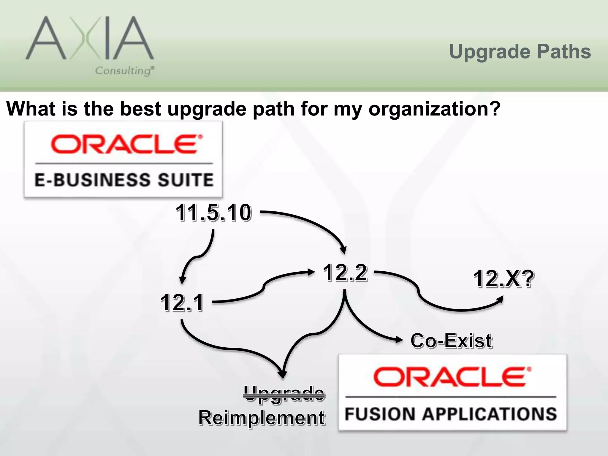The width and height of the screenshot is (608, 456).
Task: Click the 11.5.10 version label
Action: coord(213,213)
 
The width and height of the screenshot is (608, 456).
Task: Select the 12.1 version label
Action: coord(182,303)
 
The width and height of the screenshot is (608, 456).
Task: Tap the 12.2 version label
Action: coord(345,272)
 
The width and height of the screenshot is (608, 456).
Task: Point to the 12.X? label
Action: coord(503,279)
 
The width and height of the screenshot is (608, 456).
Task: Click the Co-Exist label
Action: coord(451,341)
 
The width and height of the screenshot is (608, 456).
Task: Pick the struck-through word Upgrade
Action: coord(284,394)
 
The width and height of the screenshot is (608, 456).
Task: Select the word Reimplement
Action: coord(262,418)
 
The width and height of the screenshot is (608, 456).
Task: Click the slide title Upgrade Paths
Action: coord(520,52)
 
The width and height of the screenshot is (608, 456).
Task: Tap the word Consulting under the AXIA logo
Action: coord(124,71)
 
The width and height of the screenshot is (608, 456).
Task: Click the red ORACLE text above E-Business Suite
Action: coord(124,144)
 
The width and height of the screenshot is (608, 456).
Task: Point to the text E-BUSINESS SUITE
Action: coord(124,180)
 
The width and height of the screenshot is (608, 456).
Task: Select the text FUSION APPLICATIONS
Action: coord(451,414)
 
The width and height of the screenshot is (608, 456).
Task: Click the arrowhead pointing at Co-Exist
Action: coord(399,340)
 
